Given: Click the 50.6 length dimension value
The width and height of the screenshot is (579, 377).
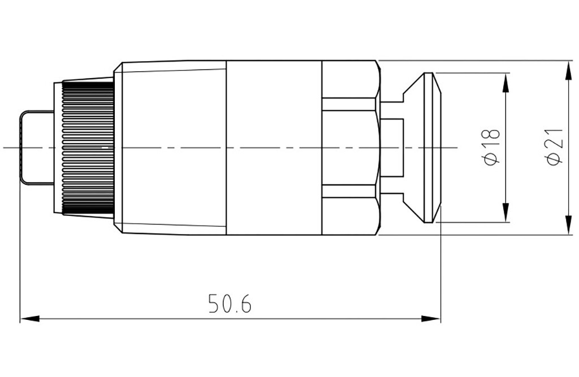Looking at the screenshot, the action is click(x=230, y=304).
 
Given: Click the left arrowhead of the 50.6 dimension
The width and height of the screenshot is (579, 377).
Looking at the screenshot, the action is click(x=29, y=318).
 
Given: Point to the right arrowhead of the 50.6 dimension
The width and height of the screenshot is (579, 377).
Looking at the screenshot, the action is click(x=431, y=318).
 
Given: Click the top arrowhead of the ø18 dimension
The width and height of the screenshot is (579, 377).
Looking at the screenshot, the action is click(x=506, y=83).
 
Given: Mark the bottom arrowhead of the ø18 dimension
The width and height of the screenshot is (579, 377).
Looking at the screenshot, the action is click(x=506, y=213).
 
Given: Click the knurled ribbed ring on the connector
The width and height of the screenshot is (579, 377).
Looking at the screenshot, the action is click(x=88, y=148).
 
